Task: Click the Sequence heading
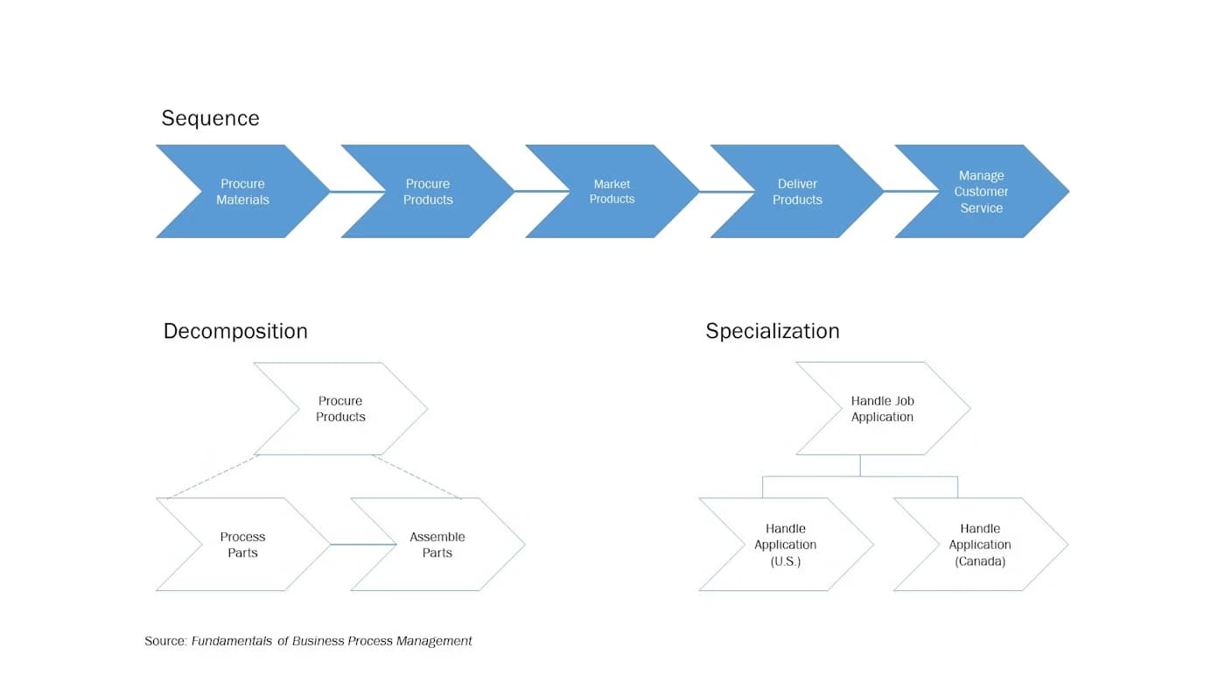(x=210, y=118)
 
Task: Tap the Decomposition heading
(x=235, y=331)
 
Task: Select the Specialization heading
(x=773, y=331)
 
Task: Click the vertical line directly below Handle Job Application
(x=860, y=466)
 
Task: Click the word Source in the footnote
(x=164, y=641)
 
